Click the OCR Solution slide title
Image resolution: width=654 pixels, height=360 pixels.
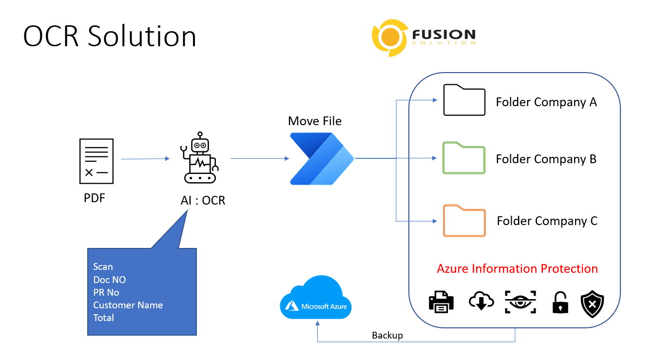pyautogui.click(x=110, y=37)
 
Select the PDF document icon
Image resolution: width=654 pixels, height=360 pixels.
pyautogui.click(x=96, y=161)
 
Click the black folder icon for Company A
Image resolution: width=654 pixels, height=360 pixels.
pyautogui.click(x=464, y=100)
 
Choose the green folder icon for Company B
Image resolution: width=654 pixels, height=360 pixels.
pyautogui.click(x=464, y=158)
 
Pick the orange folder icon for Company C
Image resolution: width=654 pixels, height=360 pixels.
pyautogui.click(x=464, y=220)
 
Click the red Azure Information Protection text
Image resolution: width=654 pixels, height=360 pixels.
pyautogui.click(x=517, y=269)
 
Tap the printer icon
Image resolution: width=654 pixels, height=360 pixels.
pyautogui.click(x=442, y=302)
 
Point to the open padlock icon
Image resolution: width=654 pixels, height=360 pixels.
pyautogui.click(x=560, y=303)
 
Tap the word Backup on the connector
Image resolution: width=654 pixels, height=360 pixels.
pyautogui.click(x=387, y=336)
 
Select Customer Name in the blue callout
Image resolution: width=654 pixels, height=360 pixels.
pyautogui.click(x=128, y=305)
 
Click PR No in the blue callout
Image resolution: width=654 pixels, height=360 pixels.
pyautogui.click(x=106, y=292)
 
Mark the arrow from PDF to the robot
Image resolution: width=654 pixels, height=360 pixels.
pyautogui.click(x=145, y=159)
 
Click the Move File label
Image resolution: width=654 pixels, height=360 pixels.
pyautogui.click(x=315, y=121)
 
